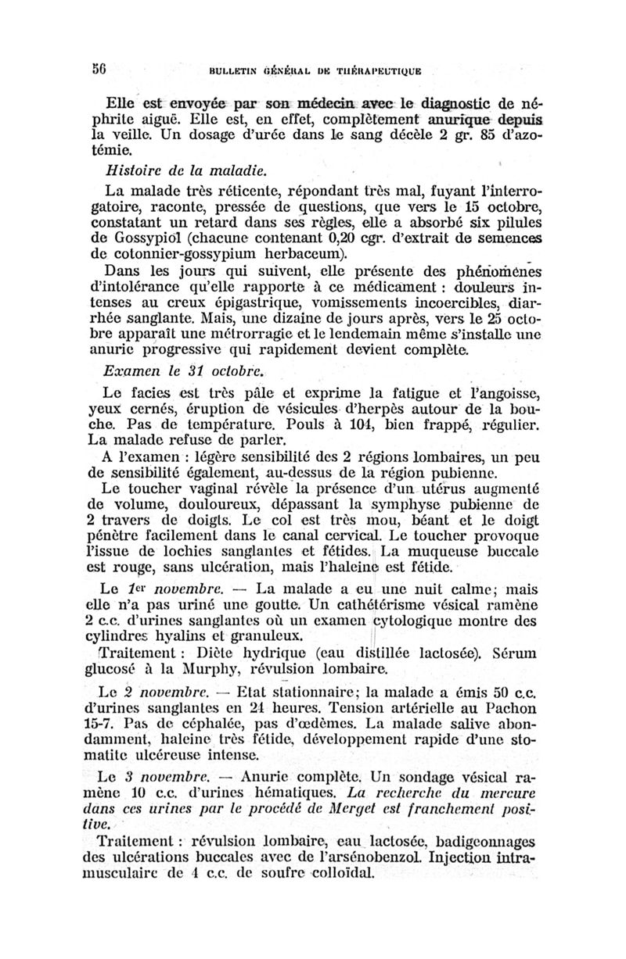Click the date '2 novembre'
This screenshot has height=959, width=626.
coord(155,692)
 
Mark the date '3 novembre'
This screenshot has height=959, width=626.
coord(155,778)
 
